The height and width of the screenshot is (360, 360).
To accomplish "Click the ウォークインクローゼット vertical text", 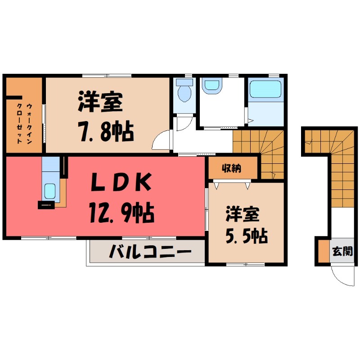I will (24, 123).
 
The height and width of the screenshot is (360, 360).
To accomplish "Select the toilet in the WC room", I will (184, 92).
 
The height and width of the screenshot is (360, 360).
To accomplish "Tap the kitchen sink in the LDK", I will (49, 192).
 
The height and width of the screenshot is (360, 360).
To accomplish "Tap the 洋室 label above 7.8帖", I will (100, 103).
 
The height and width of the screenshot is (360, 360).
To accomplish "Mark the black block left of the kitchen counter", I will (45, 205).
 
